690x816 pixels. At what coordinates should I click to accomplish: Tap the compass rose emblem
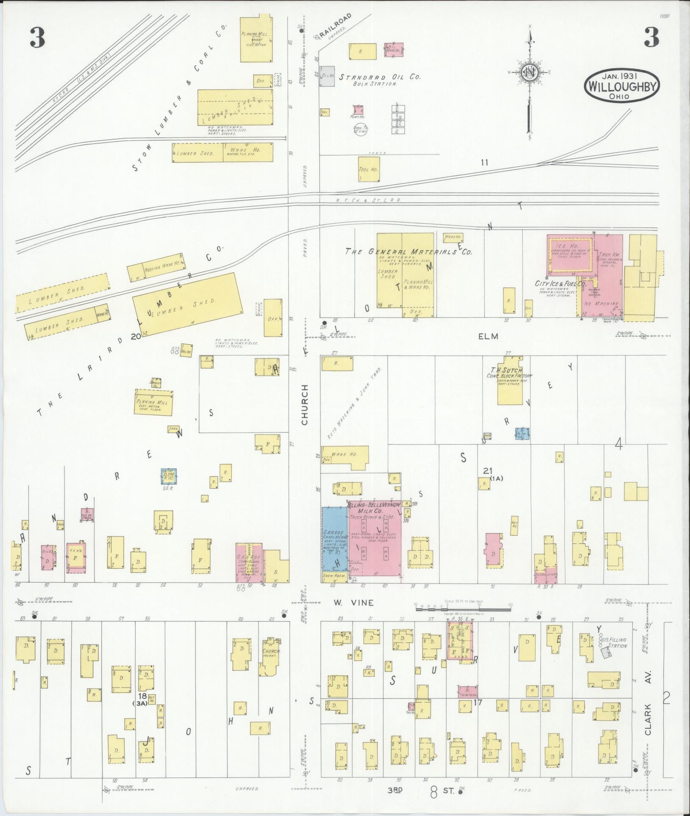click(530, 71)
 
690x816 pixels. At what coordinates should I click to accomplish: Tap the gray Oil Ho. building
click(327, 76)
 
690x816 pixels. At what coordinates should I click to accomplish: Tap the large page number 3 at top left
click(37, 39)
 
